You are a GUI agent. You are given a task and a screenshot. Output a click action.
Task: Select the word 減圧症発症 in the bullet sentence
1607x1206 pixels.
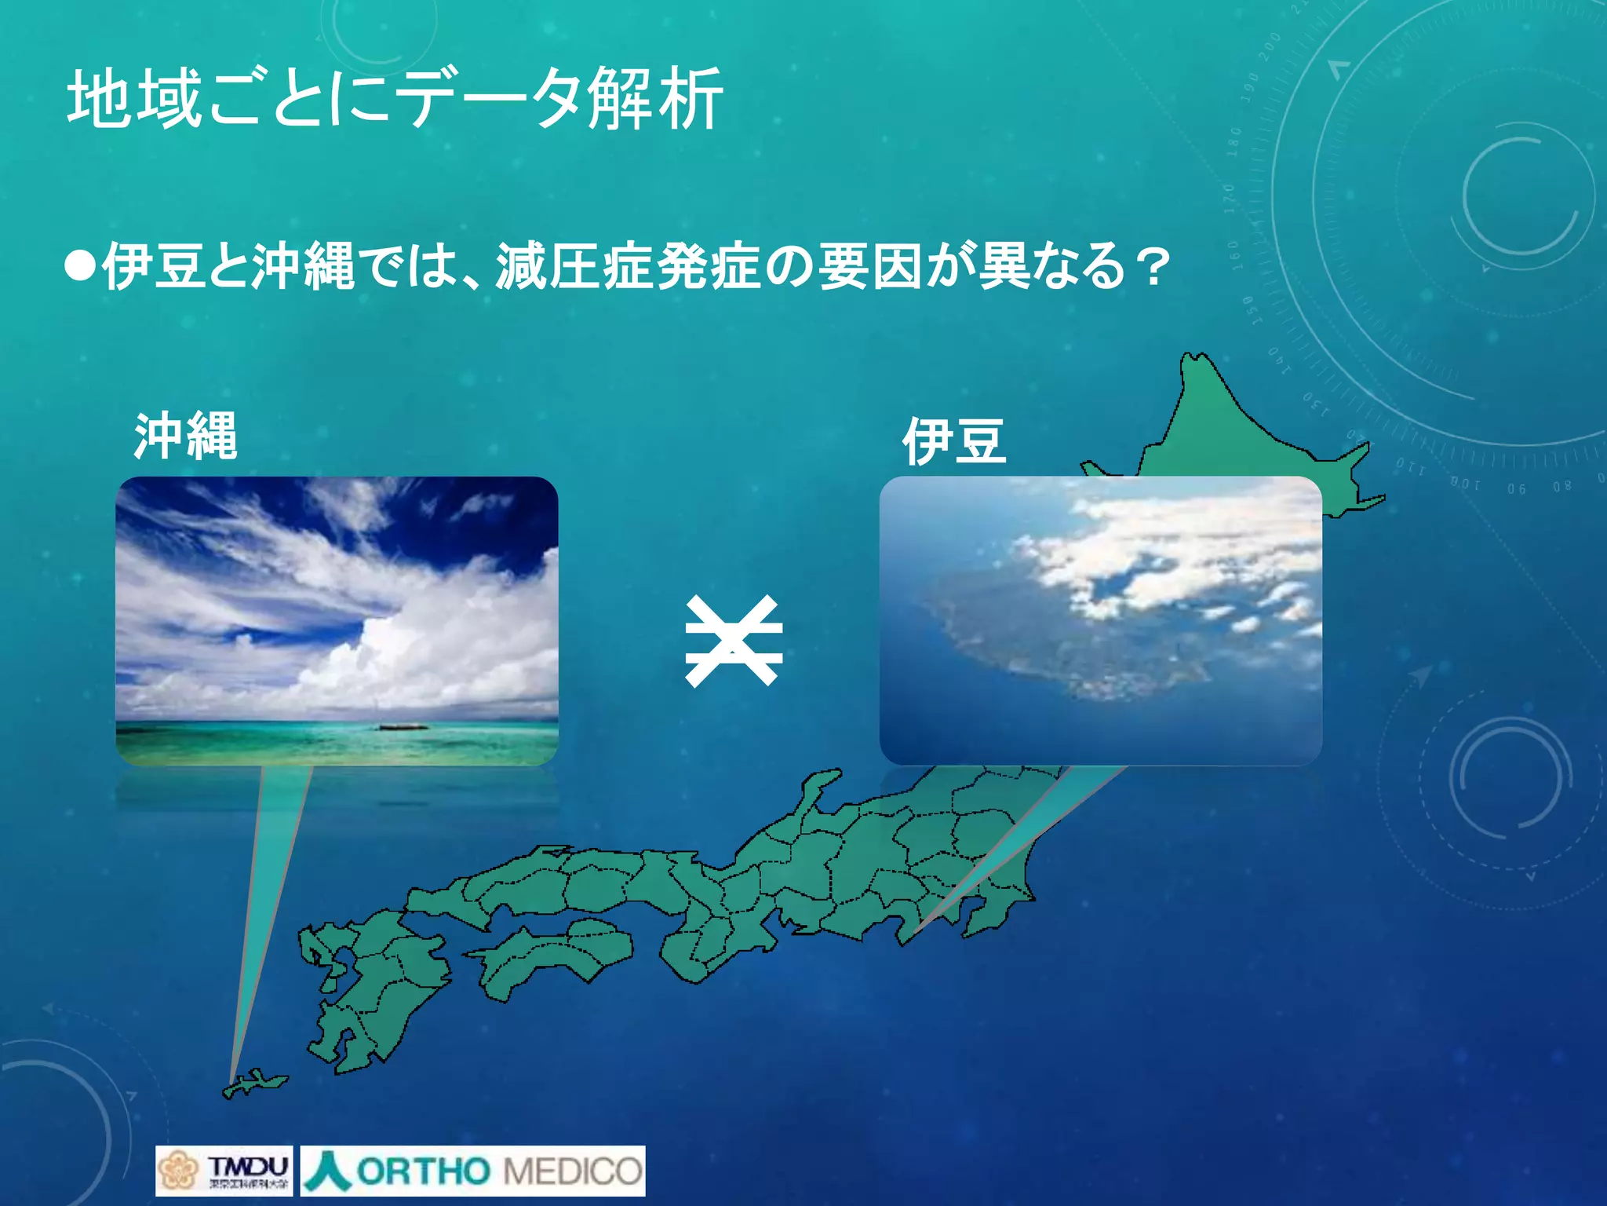tap(628, 267)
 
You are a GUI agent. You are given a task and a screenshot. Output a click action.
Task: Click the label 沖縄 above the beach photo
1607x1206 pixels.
tap(185, 436)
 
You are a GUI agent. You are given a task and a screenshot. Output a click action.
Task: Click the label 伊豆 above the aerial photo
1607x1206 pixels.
tap(953, 440)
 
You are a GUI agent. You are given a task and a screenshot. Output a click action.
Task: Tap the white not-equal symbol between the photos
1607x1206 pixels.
tap(733, 641)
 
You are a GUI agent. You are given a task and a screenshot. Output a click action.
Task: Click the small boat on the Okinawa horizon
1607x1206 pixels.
tap(402, 726)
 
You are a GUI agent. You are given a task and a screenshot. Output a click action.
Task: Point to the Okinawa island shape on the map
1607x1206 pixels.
tap(255, 1084)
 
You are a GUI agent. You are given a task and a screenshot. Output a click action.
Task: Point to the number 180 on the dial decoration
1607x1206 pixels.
tap(1234, 142)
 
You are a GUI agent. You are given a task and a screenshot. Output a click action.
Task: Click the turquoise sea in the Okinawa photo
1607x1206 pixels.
tap(314, 742)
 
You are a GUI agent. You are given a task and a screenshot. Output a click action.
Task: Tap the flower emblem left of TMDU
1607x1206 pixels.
tap(177, 1171)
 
